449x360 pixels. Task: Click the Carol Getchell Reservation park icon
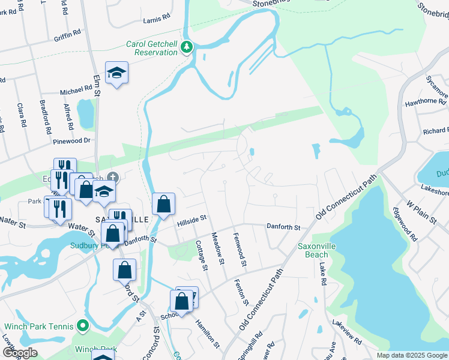[x=187, y=47]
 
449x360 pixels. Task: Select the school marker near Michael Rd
[x=117, y=74]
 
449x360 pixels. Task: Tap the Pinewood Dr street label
[x=71, y=140]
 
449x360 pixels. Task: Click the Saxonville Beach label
[x=316, y=250]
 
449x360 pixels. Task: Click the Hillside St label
[x=191, y=223]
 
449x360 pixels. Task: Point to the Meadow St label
[x=217, y=248]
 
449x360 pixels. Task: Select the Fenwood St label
[x=240, y=250]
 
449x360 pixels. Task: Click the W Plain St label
[x=421, y=211]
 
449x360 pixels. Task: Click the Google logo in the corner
[x=19, y=353]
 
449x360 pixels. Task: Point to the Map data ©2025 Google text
[x=411, y=355]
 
